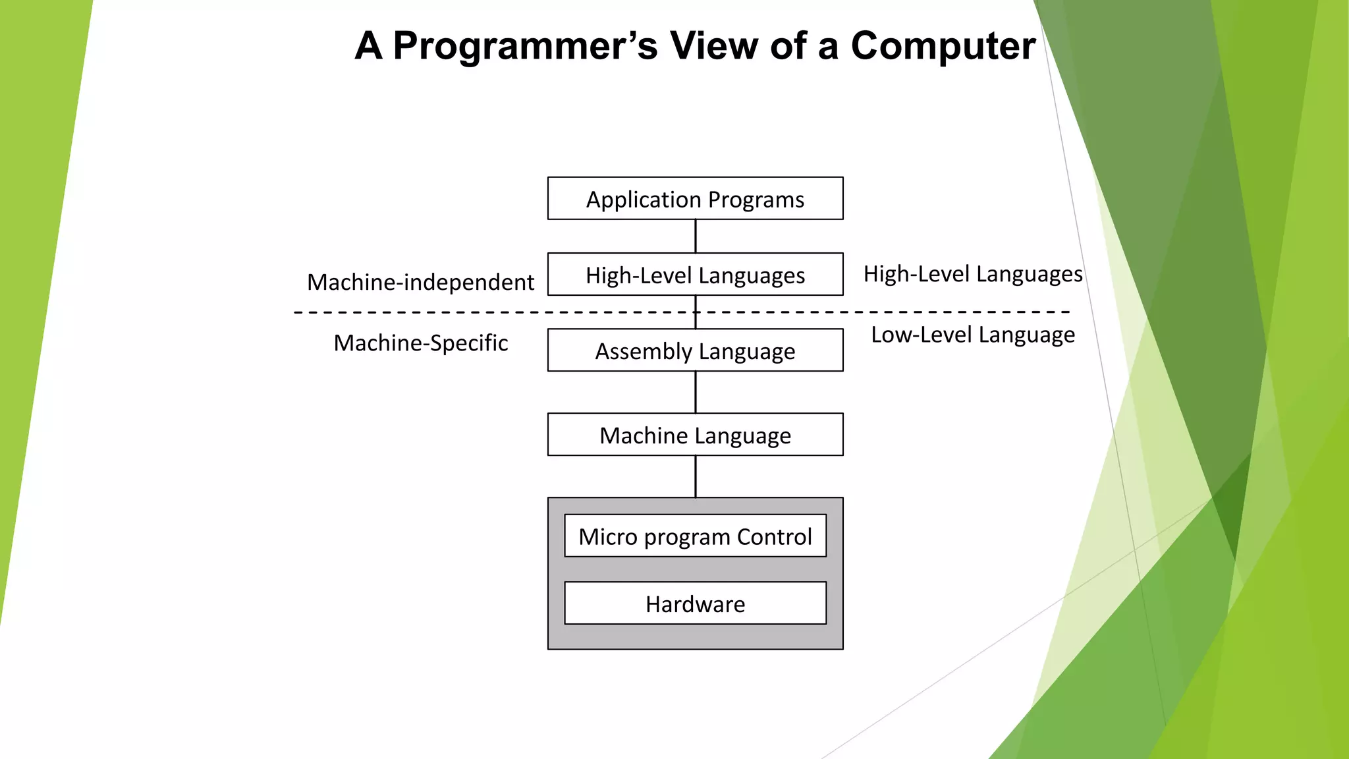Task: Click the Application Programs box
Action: pyautogui.click(x=695, y=198)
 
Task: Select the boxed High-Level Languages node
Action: pyautogui.click(x=695, y=274)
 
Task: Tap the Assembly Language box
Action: pyautogui.click(x=695, y=351)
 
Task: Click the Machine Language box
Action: pyautogui.click(x=695, y=435)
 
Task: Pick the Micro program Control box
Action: pyautogui.click(x=695, y=536)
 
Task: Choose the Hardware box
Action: pyautogui.click(x=695, y=604)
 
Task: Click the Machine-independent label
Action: pyautogui.click(x=420, y=282)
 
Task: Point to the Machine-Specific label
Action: pyautogui.click(x=420, y=343)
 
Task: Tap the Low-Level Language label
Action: pyautogui.click(x=972, y=335)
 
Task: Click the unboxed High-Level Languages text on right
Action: pyautogui.click(x=972, y=273)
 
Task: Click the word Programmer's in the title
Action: pyautogui.click(x=525, y=46)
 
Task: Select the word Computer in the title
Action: pyautogui.click(x=943, y=46)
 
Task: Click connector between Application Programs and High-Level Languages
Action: pyautogui.click(x=696, y=236)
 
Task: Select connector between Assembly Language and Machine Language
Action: pyautogui.click(x=696, y=392)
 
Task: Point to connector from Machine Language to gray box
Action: pyautogui.click(x=696, y=476)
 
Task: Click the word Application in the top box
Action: pyautogui.click(x=644, y=199)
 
